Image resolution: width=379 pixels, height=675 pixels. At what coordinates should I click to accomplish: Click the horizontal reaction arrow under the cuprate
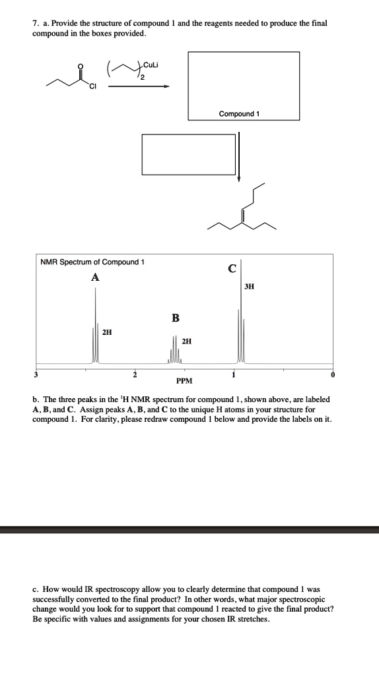[139, 86]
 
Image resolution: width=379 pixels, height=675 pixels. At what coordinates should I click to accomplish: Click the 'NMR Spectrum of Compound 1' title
[92, 262]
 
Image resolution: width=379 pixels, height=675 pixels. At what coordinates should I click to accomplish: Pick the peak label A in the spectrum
[96, 278]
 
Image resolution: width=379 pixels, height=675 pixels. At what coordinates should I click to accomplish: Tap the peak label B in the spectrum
[176, 319]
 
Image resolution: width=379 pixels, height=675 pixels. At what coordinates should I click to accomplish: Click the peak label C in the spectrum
[232, 268]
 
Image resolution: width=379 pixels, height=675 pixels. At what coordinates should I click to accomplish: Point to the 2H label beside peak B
[187, 341]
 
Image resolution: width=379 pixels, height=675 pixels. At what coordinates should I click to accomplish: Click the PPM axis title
[184, 381]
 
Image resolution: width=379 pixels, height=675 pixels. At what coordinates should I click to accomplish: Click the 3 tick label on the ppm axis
[37, 374]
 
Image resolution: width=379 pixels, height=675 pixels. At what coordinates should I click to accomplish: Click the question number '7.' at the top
[36, 23]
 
